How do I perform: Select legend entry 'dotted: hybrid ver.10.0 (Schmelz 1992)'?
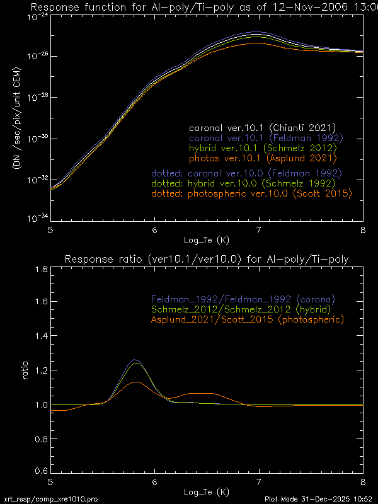click(x=246, y=183)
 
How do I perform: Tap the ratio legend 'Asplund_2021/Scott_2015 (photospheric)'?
click(x=246, y=319)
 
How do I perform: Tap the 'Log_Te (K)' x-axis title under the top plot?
click(x=206, y=241)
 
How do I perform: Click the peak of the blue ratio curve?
click(x=134, y=360)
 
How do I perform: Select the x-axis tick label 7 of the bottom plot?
click(x=258, y=481)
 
